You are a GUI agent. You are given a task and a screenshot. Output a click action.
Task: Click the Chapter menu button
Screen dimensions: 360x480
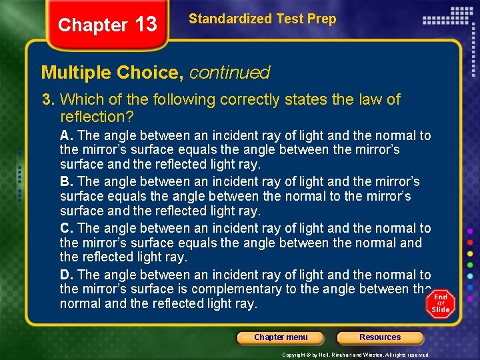281,337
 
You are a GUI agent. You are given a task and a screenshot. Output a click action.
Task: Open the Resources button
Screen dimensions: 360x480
380,337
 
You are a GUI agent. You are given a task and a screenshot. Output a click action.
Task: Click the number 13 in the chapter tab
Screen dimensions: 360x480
145,25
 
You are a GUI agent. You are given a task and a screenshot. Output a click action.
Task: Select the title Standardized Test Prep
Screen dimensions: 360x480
262,19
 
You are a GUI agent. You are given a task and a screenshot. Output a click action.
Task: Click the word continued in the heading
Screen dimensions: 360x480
229,72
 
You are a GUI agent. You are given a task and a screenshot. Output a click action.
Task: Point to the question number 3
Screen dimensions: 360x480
47,100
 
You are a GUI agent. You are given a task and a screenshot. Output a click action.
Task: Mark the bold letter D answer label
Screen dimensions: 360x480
65,275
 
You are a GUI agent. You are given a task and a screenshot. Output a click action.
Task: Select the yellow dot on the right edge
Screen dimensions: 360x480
471,253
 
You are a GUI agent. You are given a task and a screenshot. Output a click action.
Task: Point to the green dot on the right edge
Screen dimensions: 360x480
471,265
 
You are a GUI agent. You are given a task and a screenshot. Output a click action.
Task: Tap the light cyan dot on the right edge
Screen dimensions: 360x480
471,276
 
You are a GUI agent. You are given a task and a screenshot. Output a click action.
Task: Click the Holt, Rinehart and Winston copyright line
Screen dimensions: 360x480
355,355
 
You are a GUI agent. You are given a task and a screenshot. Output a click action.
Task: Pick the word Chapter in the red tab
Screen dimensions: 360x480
92,25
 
